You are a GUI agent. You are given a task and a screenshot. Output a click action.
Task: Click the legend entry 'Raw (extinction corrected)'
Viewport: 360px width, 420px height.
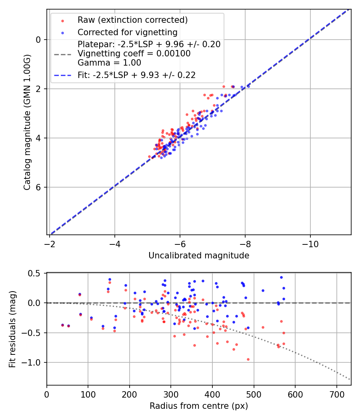point(132,20)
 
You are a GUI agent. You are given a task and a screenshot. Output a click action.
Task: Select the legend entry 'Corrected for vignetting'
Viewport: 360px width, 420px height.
point(127,32)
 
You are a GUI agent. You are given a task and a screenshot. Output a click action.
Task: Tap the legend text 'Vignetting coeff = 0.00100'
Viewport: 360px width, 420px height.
point(134,54)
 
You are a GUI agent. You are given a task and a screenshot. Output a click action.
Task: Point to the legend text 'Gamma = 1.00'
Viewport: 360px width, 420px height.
point(109,63)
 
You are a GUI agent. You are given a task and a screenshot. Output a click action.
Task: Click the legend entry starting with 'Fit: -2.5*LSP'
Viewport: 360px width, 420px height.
point(136,75)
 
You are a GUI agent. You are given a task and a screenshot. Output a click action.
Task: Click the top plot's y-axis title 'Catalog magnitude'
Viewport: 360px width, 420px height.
point(27,122)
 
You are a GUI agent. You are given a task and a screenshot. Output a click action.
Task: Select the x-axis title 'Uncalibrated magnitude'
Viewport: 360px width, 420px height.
point(199,256)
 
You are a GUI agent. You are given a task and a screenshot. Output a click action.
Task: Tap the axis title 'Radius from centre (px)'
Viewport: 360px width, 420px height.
point(199,406)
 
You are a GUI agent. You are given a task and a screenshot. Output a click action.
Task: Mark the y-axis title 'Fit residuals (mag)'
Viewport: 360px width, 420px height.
point(12,329)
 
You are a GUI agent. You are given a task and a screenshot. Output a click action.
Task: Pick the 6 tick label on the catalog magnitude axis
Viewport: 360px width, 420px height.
point(39,187)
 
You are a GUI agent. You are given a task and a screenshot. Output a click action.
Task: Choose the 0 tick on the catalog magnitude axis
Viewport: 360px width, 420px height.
point(39,40)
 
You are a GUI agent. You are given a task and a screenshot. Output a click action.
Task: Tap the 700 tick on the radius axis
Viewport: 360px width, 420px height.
point(336,393)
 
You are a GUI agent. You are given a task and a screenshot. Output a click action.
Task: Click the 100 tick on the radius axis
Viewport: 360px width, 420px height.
point(88,393)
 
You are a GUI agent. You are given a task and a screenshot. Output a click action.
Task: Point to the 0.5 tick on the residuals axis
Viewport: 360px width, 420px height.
point(36,273)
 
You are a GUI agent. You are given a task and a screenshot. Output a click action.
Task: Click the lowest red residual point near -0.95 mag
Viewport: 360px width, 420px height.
point(248,359)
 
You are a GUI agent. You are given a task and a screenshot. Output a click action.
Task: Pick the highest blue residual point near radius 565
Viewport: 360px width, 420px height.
point(281,277)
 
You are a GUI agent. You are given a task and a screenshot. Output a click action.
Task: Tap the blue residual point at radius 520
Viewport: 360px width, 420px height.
point(263,290)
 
